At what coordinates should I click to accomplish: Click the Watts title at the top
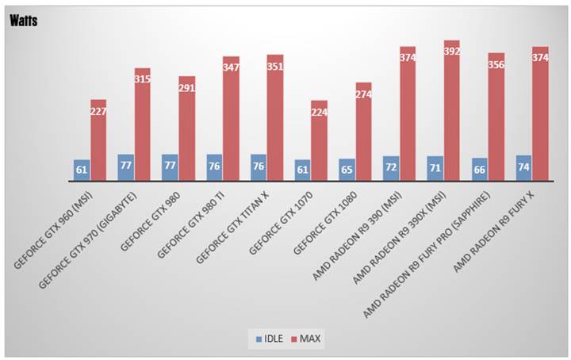click(24, 21)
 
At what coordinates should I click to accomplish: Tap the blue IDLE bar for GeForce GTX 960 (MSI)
click(82, 170)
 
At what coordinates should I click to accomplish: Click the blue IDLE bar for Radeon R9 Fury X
click(523, 168)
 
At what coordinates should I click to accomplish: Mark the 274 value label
click(363, 95)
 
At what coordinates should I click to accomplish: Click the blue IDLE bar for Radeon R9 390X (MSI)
click(435, 169)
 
